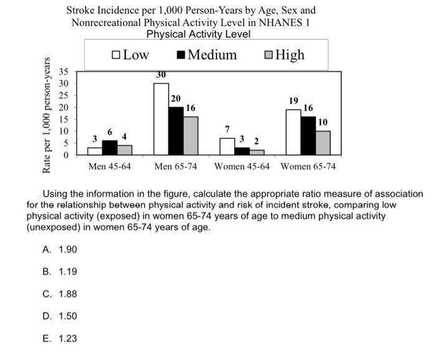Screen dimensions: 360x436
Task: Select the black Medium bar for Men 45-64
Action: [x=109, y=147]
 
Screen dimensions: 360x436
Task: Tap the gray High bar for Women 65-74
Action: [x=323, y=143]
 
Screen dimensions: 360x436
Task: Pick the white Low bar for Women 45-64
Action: [x=227, y=146]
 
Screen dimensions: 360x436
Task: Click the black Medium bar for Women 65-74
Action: [x=308, y=135]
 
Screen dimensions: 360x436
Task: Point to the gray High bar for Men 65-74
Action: [x=190, y=135]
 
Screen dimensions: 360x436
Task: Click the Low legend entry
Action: [x=131, y=55]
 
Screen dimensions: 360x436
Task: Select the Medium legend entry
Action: [x=207, y=55]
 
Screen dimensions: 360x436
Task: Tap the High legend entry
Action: [x=285, y=55]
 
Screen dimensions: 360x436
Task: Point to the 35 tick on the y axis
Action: [x=64, y=72]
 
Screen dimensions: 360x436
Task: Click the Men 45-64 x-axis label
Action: [x=110, y=167]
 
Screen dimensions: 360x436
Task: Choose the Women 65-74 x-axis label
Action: [x=308, y=167]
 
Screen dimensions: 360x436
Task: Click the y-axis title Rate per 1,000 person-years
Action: [x=47, y=115]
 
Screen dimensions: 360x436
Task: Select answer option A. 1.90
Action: [x=60, y=249]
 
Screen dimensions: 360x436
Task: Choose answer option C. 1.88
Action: [x=60, y=294]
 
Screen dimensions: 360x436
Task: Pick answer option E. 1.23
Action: [x=60, y=339]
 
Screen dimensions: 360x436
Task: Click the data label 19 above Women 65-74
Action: [x=293, y=101]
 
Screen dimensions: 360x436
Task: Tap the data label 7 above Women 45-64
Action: [x=227, y=128]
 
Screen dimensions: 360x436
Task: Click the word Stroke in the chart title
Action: [x=81, y=10]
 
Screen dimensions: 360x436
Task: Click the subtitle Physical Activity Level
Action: [x=198, y=34]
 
